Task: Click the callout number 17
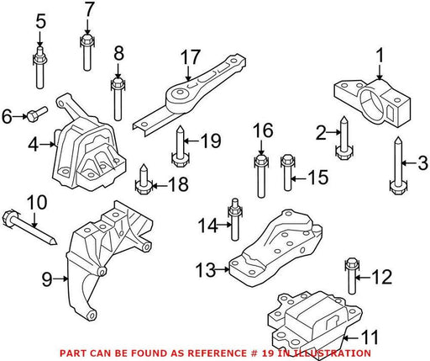point(191,57)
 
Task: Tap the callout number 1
point(380,56)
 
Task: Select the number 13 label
point(206,270)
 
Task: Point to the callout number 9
point(47,279)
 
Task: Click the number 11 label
point(370,337)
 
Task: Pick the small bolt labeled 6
point(37,113)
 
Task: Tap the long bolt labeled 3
point(398,166)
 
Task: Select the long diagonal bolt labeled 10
point(30,227)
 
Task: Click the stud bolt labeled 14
point(235,219)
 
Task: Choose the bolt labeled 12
point(352,276)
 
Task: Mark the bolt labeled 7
point(87,52)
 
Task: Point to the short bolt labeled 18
point(144,179)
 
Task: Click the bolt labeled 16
point(261,177)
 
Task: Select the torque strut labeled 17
point(189,95)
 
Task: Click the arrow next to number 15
point(299,178)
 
